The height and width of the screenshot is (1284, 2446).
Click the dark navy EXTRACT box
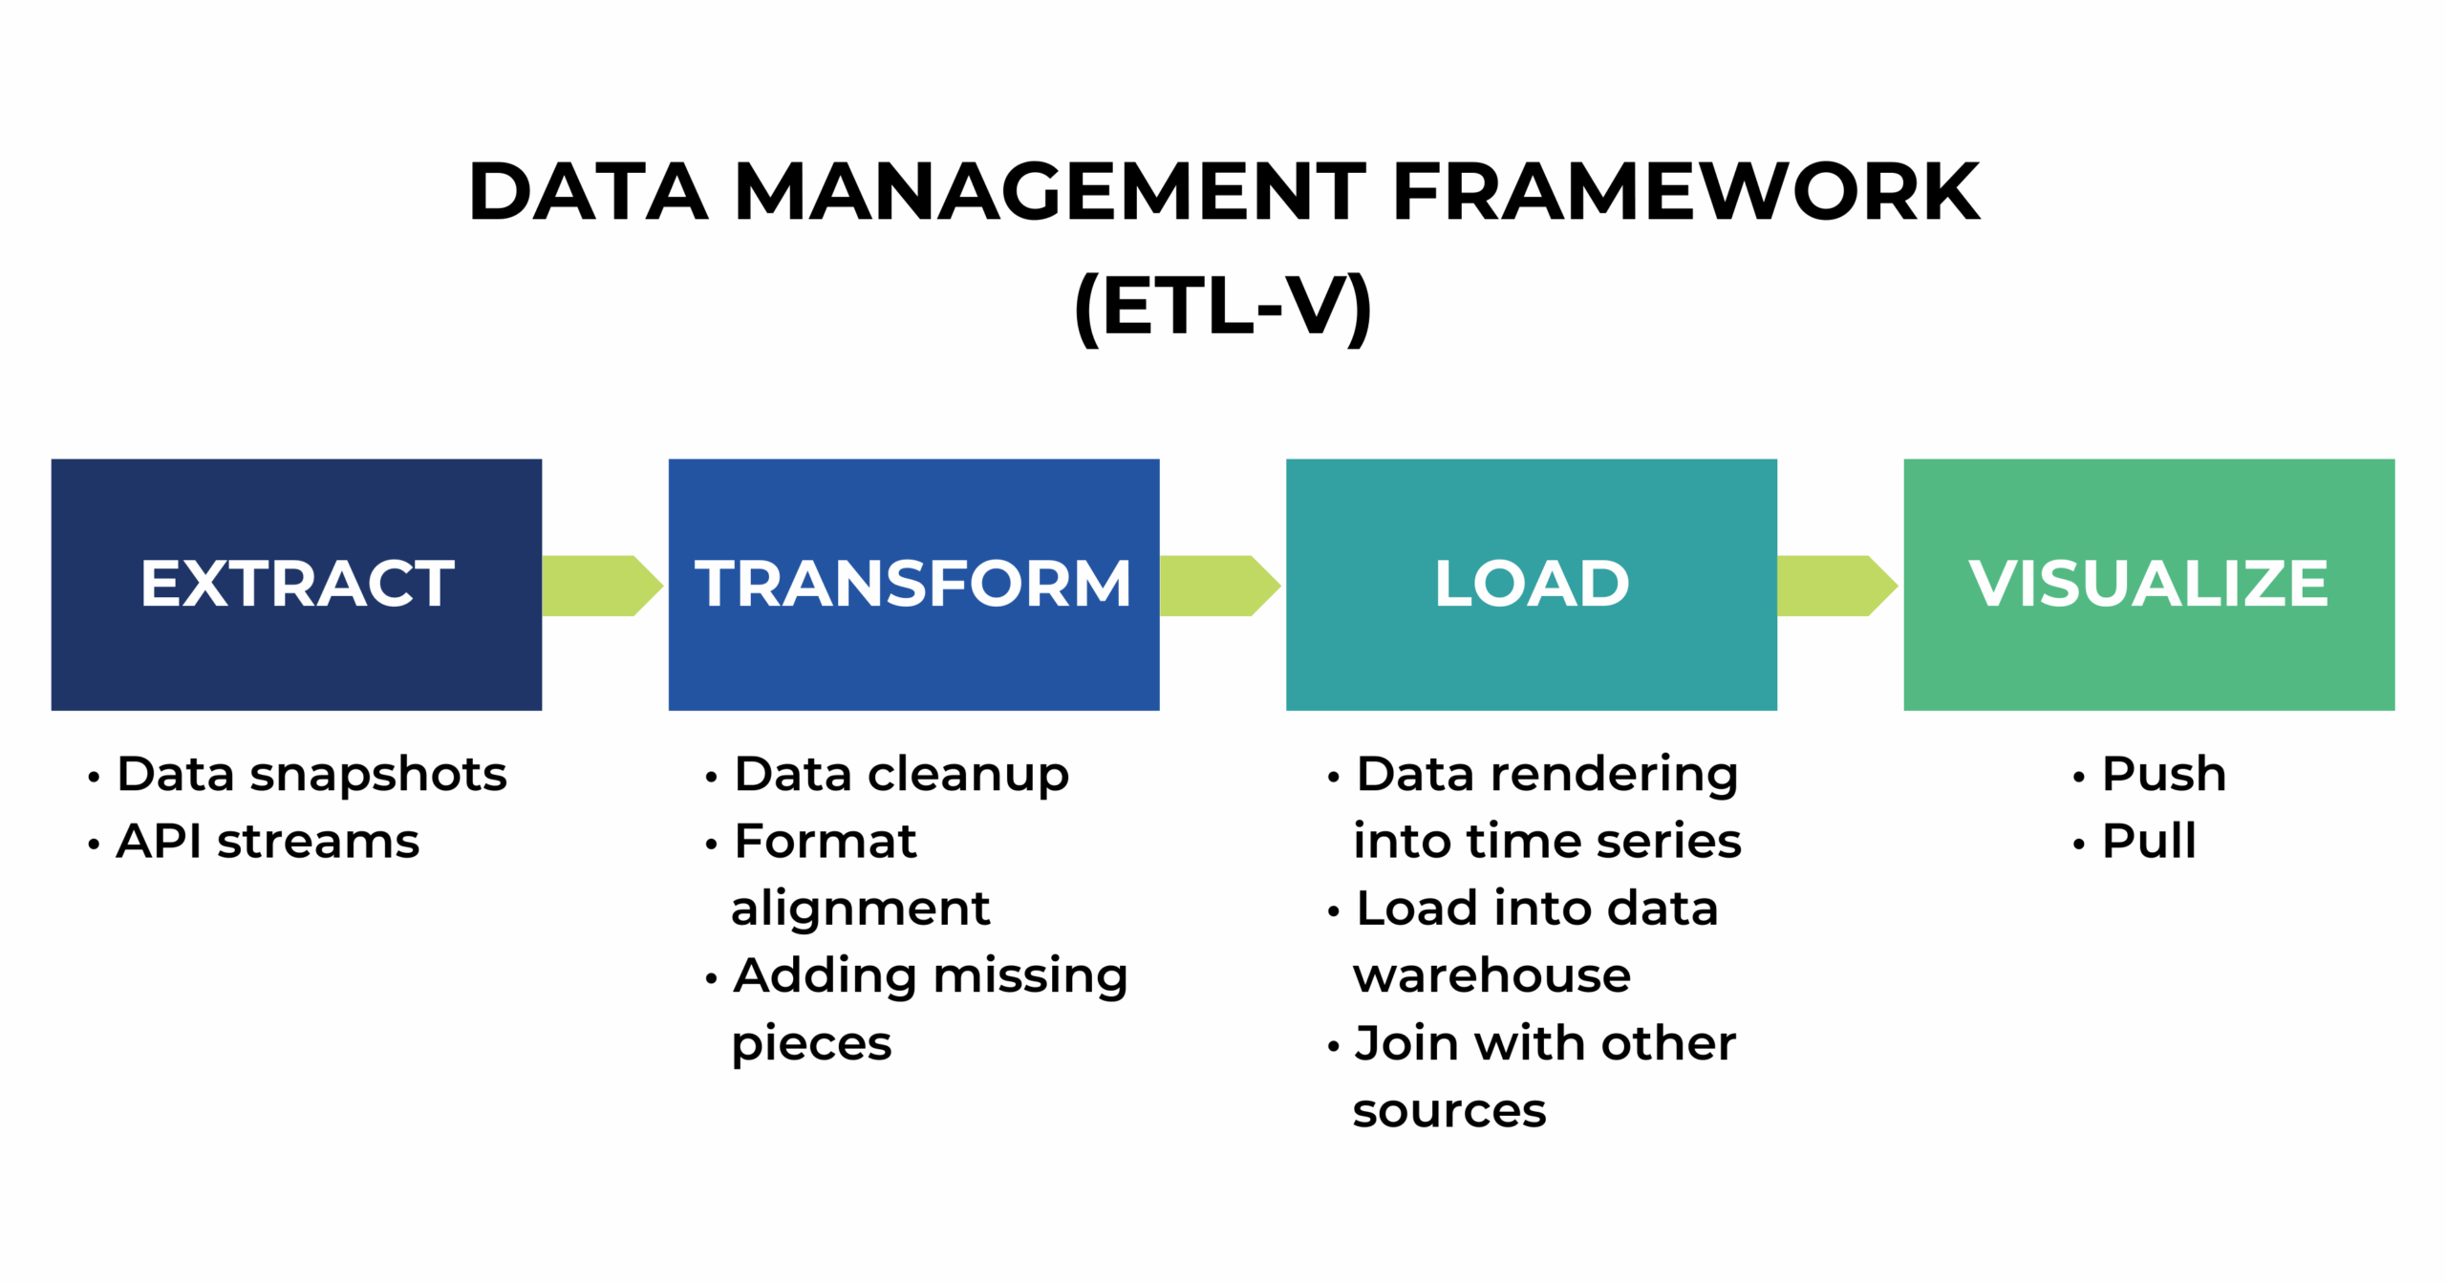click(296, 584)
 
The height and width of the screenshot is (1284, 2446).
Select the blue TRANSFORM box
click(913, 584)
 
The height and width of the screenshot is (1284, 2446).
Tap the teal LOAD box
click(1531, 584)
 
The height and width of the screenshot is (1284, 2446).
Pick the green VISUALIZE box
click(2148, 584)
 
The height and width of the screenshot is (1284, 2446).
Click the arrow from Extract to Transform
click(601, 586)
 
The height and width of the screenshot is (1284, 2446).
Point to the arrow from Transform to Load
click(1218, 586)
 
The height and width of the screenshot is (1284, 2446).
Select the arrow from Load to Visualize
click(1835, 586)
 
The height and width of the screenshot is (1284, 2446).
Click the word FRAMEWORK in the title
click(1685, 193)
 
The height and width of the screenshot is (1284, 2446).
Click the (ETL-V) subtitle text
click(1223, 308)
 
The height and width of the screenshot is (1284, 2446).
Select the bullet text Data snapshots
click(311, 774)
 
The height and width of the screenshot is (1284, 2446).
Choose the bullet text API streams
click(268, 842)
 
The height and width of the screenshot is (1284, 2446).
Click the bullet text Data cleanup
click(901, 775)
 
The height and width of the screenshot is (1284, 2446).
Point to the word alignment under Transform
click(860, 909)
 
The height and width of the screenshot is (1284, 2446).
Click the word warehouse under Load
click(1491, 975)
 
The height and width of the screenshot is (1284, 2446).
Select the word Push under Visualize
click(2163, 774)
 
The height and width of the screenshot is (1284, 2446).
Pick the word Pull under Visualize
click(2149, 842)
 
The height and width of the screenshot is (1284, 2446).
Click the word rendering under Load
click(1613, 775)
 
